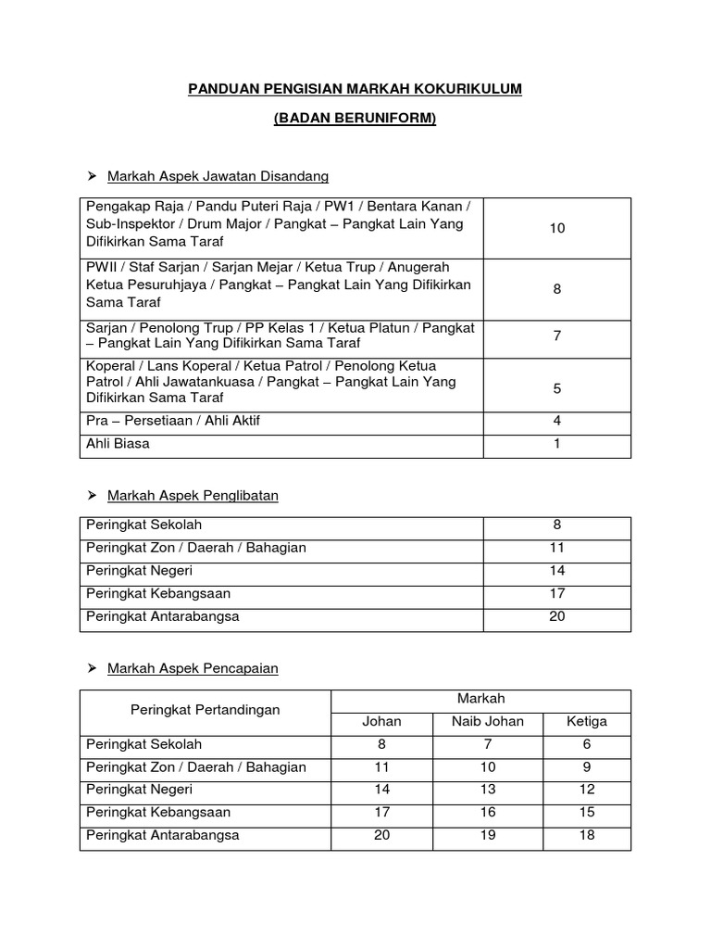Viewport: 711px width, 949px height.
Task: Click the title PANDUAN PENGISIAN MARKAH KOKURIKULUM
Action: pos(355,88)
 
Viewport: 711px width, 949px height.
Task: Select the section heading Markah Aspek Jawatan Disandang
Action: pos(218,176)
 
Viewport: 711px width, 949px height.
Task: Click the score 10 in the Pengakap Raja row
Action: pos(556,228)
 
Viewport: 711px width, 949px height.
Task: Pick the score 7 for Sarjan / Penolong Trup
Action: pos(556,335)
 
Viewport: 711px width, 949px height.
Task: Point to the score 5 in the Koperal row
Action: pos(556,388)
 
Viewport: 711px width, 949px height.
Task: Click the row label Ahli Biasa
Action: pos(118,444)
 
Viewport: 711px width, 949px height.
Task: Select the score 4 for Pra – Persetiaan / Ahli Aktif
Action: pos(556,421)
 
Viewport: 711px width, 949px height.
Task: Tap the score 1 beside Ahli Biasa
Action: pos(556,444)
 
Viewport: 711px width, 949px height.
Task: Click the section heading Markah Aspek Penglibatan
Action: pos(193,496)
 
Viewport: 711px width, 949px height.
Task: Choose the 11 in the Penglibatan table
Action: pos(556,548)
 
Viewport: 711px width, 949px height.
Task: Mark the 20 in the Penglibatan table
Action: pos(556,616)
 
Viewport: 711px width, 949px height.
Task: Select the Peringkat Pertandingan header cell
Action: pos(206,710)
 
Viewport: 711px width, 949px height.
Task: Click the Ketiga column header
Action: pos(588,721)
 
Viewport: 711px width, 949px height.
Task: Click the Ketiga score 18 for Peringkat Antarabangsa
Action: pos(588,835)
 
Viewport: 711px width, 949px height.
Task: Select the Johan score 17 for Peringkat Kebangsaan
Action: pos(381,812)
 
